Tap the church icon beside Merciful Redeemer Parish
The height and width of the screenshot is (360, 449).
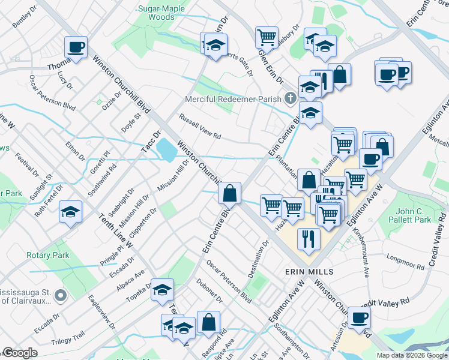point(291,97)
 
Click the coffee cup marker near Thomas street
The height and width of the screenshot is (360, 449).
point(76,47)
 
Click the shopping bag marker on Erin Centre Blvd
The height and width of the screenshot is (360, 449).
point(229,193)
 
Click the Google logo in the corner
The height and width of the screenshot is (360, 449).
point(20,353)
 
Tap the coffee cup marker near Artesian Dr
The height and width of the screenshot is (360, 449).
point(359,317)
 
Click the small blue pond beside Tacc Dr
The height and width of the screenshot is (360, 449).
point(163,146)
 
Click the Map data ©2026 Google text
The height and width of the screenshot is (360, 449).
point(411,355)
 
